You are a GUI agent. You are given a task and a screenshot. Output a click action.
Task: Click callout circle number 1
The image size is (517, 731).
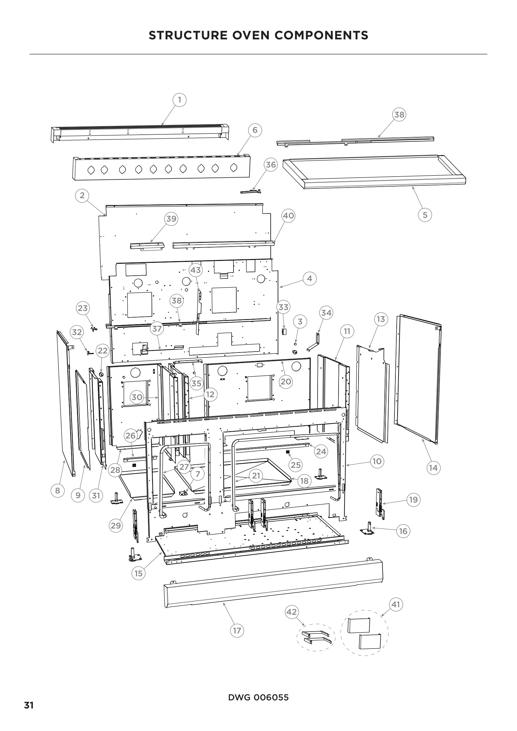179,100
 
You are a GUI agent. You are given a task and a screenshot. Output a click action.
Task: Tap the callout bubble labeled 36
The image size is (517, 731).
271,165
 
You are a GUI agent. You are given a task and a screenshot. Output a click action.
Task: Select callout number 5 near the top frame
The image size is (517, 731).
425,215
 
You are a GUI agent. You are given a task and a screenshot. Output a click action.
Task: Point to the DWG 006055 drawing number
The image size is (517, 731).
258,698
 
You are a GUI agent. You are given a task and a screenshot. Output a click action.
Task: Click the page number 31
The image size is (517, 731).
29,706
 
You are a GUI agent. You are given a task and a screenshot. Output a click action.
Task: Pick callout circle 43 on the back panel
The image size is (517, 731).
195,270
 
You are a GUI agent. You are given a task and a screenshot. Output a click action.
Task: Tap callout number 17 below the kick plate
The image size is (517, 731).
237,630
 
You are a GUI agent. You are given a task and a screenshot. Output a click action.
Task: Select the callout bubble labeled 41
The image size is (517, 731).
396,604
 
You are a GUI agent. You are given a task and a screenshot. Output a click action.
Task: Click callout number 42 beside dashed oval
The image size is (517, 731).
292,612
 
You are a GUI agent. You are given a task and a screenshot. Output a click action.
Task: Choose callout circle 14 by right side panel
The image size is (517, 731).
433,468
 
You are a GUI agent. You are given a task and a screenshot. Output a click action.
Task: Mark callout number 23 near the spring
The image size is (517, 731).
83,308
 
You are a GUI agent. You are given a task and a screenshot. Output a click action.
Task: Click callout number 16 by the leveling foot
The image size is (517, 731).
403,531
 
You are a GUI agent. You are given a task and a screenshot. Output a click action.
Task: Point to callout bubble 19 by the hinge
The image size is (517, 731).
413,499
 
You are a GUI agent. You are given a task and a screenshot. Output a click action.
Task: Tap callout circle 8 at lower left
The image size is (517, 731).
58,490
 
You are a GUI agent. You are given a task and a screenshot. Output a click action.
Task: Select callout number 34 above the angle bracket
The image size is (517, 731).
326,313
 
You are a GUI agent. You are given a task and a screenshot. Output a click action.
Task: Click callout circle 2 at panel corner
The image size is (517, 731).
82,195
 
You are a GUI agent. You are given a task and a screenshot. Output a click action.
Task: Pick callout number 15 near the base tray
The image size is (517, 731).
138,573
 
